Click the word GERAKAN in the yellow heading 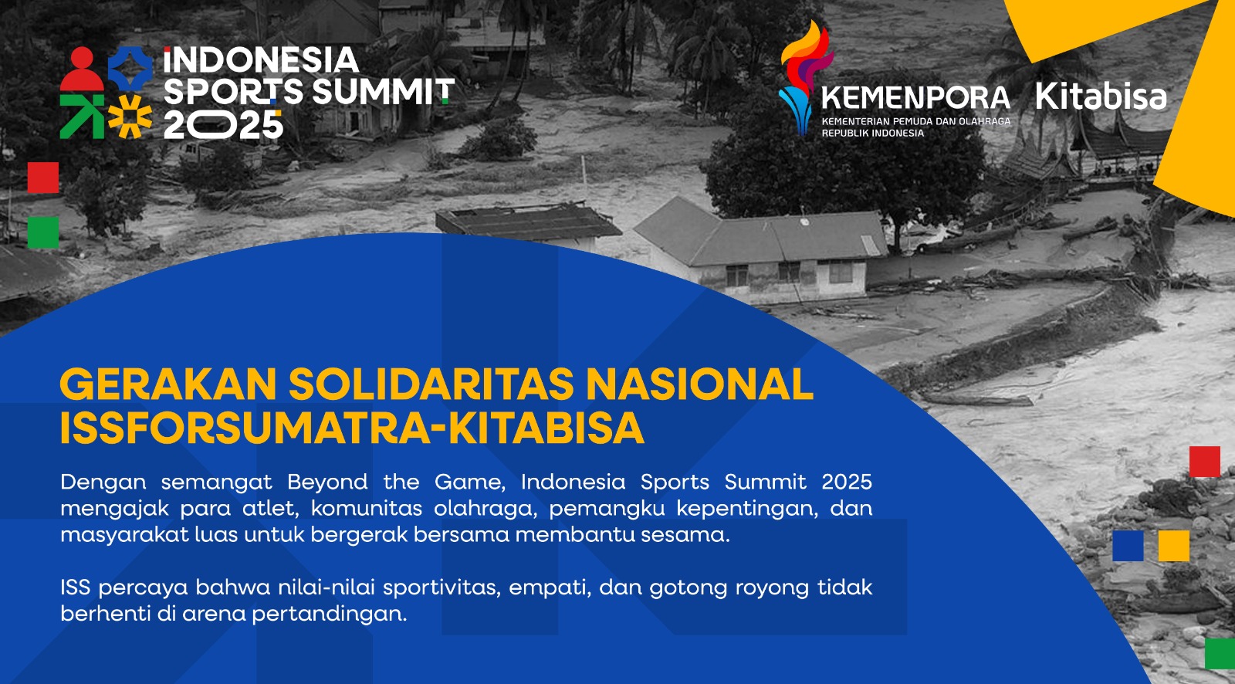coord(167,384)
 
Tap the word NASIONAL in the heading coord(699,384)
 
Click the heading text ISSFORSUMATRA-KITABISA coord(352,428)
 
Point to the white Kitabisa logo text coord(1101,97)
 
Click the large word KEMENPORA coord(915,98)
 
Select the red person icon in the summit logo coord(81,69)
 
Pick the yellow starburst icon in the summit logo coord(129,116)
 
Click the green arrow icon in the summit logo coord(81,116)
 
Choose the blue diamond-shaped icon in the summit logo coord(129,68)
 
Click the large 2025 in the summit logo coord(223,124)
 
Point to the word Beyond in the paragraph coord(327,482)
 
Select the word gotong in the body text coord(684,588)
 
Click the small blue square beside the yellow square coord(1128,546)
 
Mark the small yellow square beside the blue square coord(1173,546)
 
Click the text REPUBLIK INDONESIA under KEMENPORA coord(872,134)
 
